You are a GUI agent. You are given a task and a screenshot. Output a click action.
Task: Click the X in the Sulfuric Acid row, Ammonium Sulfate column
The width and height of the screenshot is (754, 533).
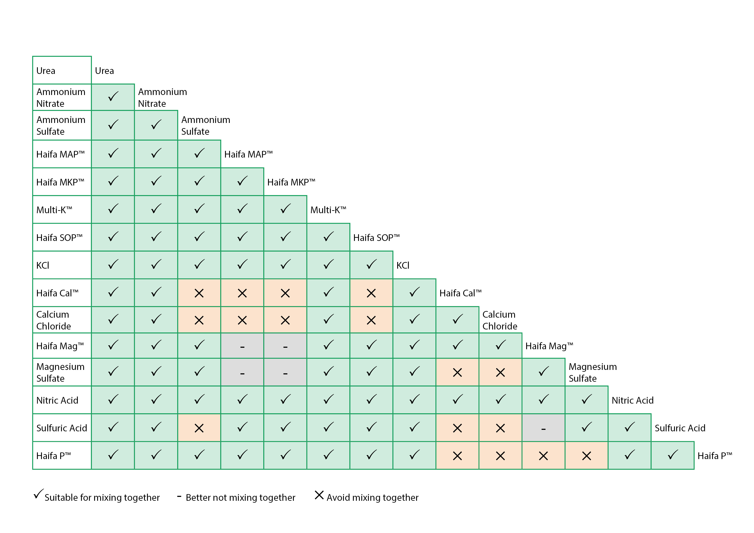[199, 428]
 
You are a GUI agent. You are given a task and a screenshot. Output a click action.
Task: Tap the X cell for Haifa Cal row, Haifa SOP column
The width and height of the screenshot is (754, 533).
[371, 293]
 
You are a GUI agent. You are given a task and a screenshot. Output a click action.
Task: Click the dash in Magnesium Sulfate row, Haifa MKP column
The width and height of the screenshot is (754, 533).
[285, 373]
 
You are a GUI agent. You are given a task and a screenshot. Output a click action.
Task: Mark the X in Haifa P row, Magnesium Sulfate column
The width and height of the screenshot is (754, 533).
[587, 456]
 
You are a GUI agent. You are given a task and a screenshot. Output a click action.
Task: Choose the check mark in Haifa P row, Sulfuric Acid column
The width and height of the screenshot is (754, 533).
[673, 455]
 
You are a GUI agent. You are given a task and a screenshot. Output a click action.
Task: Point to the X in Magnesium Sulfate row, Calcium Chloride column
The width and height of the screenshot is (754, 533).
[500, 372]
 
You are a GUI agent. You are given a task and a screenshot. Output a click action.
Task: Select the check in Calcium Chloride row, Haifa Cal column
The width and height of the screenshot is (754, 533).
[457, 319]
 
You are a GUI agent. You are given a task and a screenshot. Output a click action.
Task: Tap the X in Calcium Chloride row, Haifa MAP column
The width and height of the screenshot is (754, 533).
[242, 320]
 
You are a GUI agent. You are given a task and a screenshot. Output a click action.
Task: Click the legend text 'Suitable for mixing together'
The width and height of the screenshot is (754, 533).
[102, 498]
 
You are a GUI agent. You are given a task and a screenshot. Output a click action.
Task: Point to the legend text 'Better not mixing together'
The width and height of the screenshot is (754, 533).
[240, 498]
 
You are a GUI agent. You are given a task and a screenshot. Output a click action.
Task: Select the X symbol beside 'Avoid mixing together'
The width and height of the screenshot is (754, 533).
[319, 495]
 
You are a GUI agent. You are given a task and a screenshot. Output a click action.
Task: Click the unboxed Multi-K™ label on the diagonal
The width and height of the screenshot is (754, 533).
[328, 210]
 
